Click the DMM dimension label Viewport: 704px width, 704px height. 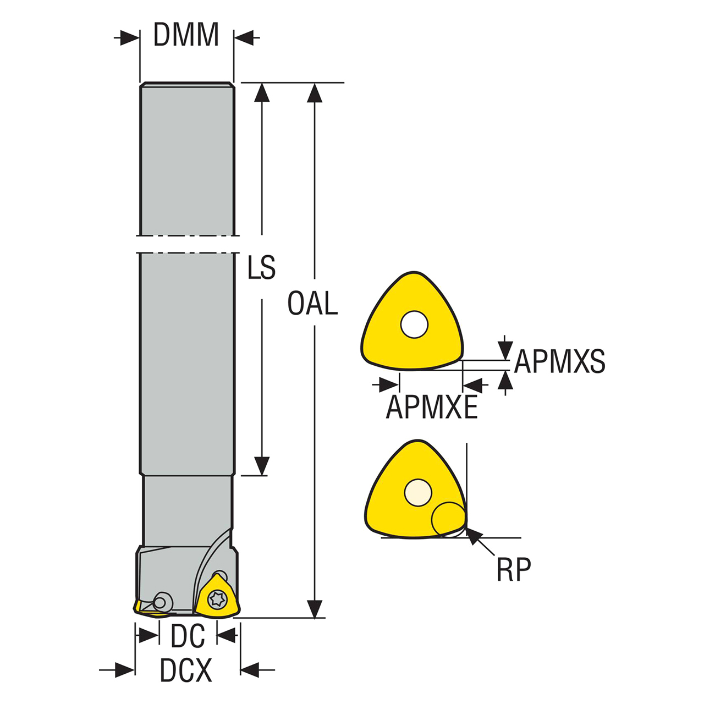pyautogui.click(x=186, y=35)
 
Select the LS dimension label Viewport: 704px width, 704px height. pyautogui.click(x=261, y=268)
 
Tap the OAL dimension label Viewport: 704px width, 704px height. pyautogui.click(x=312, y=304)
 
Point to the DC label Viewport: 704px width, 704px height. pyautogui.click(x=188, y=636)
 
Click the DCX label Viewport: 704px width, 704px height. pyautogui.click(x=186, y=670)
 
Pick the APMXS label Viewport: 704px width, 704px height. pyautogui.click(x=560, y=362)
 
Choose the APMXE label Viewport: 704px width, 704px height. pyautogui.click(x=432, y=407)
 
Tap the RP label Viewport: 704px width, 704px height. pyautogui.click(x=514, y=570)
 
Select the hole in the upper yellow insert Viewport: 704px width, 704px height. pyautogui.click(x=414, y=324)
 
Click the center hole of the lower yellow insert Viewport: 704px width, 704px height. pyautogui.click(x=417, y=492)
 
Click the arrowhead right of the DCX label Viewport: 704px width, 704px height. pyautogui.click(x=250, y=670)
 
